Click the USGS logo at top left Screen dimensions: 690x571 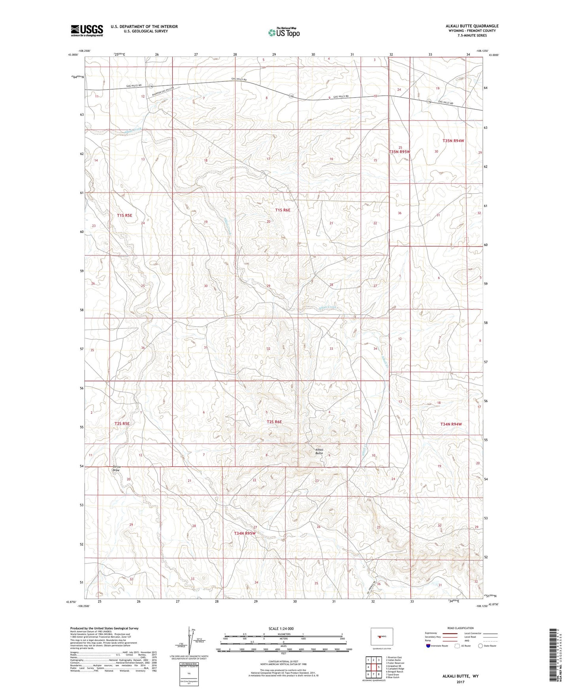87,30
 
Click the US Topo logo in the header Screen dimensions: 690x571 284,32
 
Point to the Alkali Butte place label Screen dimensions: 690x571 319,451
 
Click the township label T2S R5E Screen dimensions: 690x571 122,423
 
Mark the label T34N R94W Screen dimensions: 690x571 451,424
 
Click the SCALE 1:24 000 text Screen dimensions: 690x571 281,628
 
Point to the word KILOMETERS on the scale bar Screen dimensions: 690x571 283,634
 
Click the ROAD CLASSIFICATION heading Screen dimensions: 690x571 461,628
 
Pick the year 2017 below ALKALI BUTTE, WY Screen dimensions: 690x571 460,682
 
